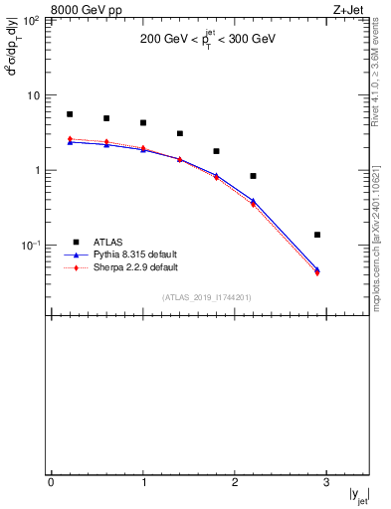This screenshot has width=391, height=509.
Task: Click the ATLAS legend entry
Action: tap(108, 242)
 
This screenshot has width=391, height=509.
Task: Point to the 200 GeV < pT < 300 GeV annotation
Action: tap(208, 40)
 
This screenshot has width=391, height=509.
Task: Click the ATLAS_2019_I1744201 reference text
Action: tap(208, 297)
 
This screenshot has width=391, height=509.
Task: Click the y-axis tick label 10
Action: tap(32, 96)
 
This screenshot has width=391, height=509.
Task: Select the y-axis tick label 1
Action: tap(36, 171)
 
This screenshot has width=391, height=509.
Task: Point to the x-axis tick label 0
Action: tap(51, 483)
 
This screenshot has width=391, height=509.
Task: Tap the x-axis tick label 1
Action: tap(143, 483)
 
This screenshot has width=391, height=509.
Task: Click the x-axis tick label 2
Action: tap(235, 483)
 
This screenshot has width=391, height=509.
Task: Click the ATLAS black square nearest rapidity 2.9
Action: tap(317, 235)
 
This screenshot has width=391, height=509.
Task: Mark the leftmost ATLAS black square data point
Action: tap(70, 114)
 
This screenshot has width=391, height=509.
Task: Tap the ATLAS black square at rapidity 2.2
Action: tap(253, 176)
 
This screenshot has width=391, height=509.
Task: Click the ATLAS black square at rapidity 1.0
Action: tap(143, 123)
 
